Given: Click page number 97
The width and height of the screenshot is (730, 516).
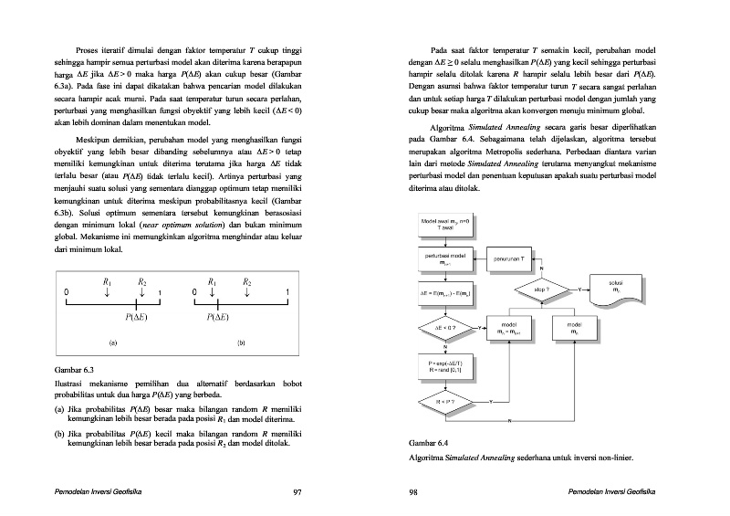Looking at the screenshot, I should (297, 493).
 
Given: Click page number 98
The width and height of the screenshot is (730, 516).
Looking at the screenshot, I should (413, 493).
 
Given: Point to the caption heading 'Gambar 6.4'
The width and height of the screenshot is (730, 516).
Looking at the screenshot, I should (428, 444).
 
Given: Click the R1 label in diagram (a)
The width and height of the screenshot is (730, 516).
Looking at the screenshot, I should (108, 282).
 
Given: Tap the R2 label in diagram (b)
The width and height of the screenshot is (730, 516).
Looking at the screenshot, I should (247, 282).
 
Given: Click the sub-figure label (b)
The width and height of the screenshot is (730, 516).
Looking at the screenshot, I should (241, 342).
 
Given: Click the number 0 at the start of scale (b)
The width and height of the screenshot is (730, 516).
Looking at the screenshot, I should (195, 292).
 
